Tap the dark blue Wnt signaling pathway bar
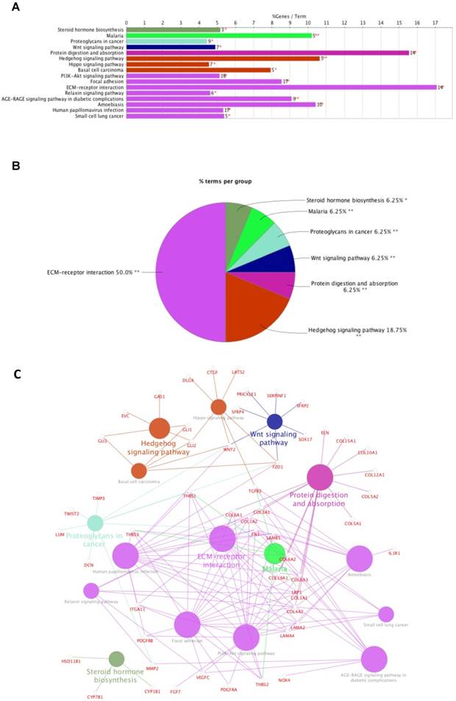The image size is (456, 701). pyautogui.click(x=171, y=46)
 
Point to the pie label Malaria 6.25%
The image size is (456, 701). pyautogui.click(x=329, y=210)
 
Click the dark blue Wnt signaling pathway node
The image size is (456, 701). pyautogui.click(x=274, y=422)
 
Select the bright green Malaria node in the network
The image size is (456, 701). pyautogui.click(x=274, y=553)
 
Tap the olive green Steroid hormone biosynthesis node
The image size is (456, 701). pyautogui.click(x=116, y=659)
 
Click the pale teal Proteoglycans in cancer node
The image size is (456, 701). pyautogui.click(x=95, y=524)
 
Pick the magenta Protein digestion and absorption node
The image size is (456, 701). pyautogui.click(x=320, y=477)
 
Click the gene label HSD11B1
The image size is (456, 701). pyautogui.click(x=72, y=661)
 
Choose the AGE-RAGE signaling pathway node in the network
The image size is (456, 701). pyautogui.click(x=374, y=659)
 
